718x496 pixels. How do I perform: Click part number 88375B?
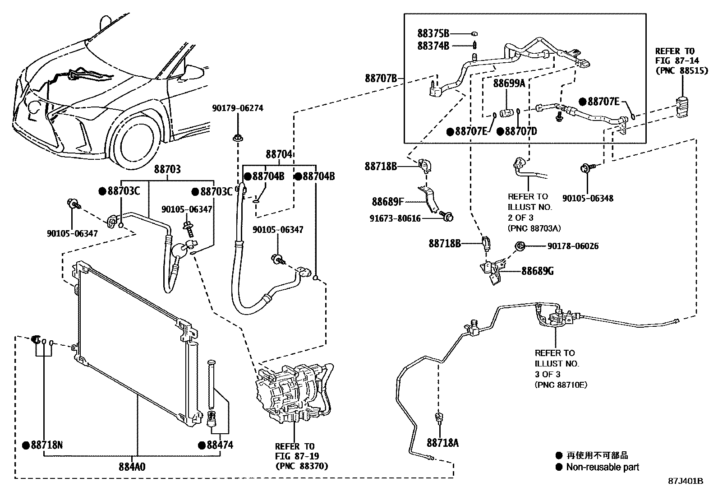click(433, 33)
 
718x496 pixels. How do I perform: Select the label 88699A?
click(509, 83)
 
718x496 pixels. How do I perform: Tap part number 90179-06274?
click(238, 108)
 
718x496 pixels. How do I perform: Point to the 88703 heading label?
click(167, 169)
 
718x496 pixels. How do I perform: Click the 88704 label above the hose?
click(279, 154)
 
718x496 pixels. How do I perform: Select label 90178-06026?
click(573, 246)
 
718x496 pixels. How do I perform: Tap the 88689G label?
click(538, 271)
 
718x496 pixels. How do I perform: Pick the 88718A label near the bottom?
click(443, 443)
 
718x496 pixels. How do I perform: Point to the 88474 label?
click(220, 445)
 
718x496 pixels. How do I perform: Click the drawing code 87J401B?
click(686, 481)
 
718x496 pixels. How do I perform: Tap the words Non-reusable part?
click(603, 467)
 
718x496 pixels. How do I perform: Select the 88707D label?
click(520, 131)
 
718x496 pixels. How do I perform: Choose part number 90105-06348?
click(588, 198)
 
